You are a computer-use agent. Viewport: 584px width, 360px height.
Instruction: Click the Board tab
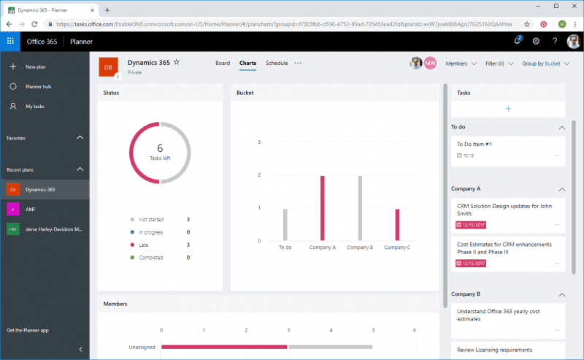pos(223,64)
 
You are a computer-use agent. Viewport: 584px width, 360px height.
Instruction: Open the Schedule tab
pos(277,64)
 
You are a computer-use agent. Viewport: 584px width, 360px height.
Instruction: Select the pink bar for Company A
pos(322,208)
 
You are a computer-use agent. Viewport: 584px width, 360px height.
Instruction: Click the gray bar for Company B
pos(360,208)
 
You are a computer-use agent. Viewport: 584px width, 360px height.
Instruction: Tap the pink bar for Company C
pos(397,225)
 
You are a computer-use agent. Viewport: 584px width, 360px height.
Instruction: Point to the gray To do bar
pos(285,225)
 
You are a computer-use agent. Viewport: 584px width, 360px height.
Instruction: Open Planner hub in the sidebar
pos(37,86)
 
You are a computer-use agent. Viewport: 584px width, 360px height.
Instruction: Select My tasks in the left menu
pos(34,107)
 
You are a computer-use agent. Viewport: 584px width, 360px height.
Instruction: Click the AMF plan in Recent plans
pos(31,209)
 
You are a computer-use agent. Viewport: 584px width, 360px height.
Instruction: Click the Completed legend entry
pos(150,258)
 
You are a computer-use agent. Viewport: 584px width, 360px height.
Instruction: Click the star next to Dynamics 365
pos(176,63)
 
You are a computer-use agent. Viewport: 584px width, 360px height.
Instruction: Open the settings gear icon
pos(536,41)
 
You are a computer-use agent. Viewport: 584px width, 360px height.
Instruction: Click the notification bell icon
pos(517,41)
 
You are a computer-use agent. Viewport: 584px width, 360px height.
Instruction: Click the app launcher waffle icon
pos(10,41)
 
